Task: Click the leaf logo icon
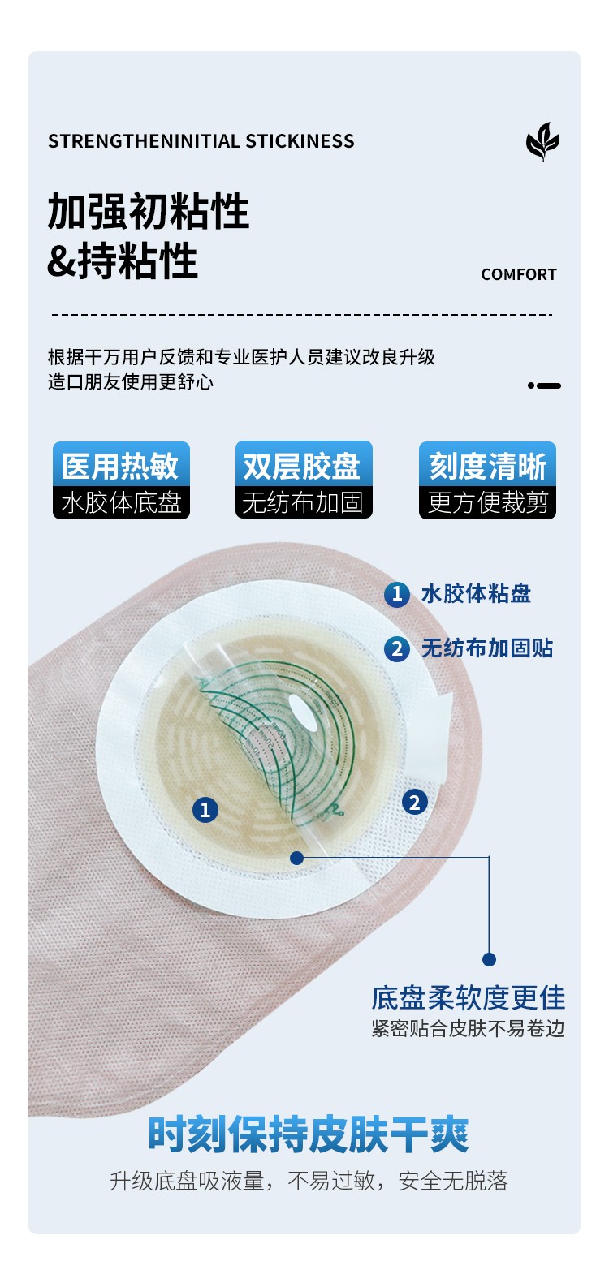pyautogui.click(x=542, y=142)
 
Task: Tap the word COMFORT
pyautogui.click(x=519, y=274)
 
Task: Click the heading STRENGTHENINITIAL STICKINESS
pyautogui.click(x=201, y=141)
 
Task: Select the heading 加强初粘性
pyautogui.click(x=148, y=210)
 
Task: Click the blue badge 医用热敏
pyautogui.click(x=121, y=465)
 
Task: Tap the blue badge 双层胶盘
pyautogui.click(x=304, y=465)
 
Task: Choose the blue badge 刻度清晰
pyautogui.click(x=487, y=465)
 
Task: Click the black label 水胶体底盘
pyautogui.click(x=121, y=502)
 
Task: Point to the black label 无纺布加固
pyautogui.click(x=304, y=502)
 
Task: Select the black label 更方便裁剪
pyautogui.click(x=487, y=502)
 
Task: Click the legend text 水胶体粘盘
pyautogui.click(x=476, y=593)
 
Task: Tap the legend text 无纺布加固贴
pyautogui.click(x=487, y=648)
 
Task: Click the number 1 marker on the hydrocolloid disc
pyautogui.click(x=205, y=810)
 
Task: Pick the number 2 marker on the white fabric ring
pyautogui.click(x=415, y=803)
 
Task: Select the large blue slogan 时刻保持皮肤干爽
pyautogui.click(x=309, y=1134)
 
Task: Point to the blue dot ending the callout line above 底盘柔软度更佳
pyautogui.click(x=489, y=959)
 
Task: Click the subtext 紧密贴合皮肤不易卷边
pyautogui.click(x=469, y=1028)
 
